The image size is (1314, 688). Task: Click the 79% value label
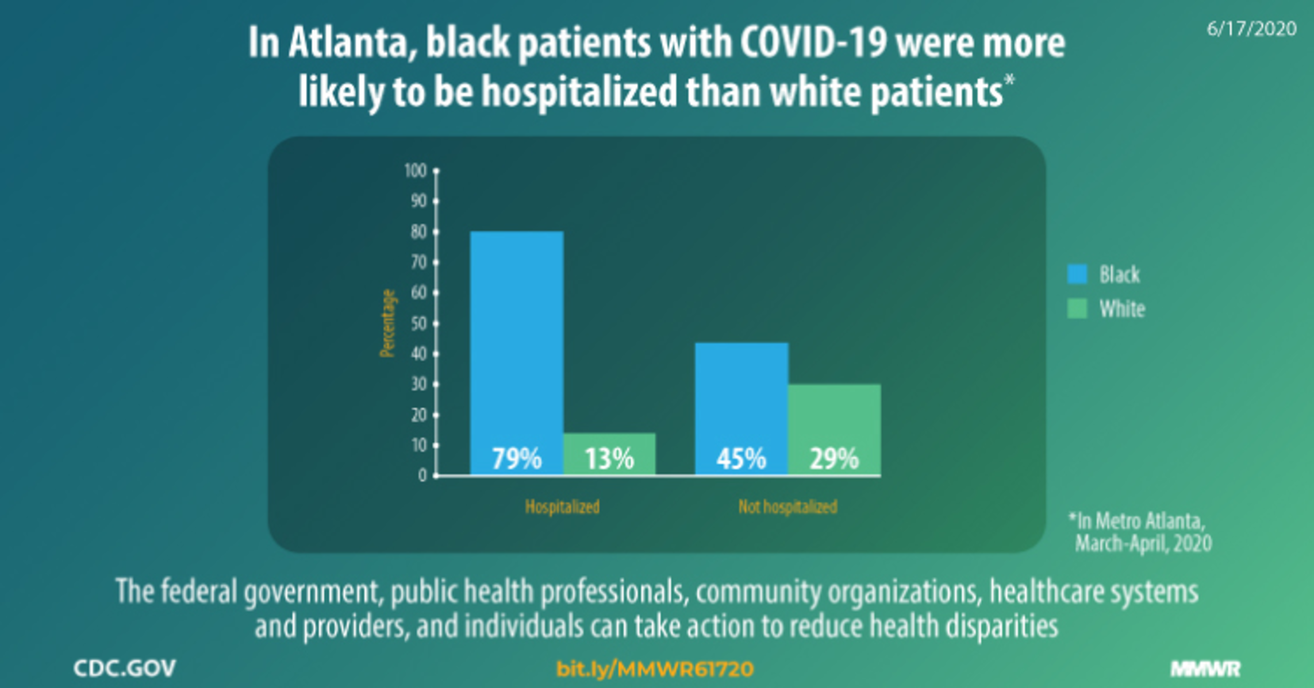click(x=516, y=459)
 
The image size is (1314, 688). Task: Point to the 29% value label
click(x=834, y=459)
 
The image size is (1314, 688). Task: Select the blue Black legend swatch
click(x=1077, y=274)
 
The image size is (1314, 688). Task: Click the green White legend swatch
click(x=1077, y=308)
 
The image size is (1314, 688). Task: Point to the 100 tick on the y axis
click(x=416, y=171)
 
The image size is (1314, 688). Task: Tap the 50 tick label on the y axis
click(x=418, y=323)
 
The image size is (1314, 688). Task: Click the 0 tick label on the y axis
click(x=422, y=476)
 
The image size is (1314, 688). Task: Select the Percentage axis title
click(x=388, y=323)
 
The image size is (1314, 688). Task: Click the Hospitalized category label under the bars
click(x=562, y=507)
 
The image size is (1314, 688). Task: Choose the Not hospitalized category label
click(x=787, y=507)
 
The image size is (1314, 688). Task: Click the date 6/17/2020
click(x=1251, y=29)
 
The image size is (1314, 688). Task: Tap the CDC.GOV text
click(x=125, y=668)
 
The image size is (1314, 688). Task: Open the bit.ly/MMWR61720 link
click(x=655, y=668)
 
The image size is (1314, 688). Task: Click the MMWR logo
click(x=1205, y=668)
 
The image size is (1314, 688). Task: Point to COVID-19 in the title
click(x=813, y=43)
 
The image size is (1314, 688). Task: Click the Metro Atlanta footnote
click(x=1141, y=532)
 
